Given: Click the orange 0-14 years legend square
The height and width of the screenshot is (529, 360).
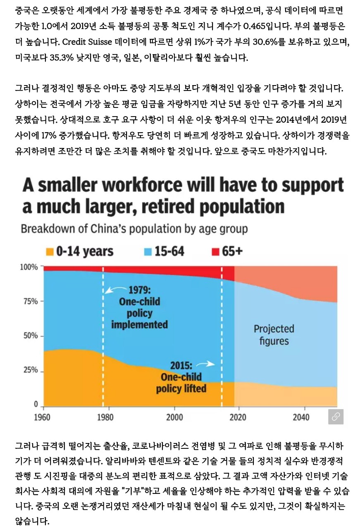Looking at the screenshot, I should tap(50, 251).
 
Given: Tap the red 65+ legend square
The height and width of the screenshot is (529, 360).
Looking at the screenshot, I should tap(215, 251).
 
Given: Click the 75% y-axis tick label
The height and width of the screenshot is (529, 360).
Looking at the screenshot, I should tap(30, 301).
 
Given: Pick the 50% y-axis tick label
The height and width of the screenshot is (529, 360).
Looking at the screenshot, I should tap(30, 336).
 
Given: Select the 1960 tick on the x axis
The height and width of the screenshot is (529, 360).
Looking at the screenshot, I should tap(43, 417).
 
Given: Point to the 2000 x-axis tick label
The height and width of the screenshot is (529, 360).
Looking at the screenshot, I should tap(173, 417).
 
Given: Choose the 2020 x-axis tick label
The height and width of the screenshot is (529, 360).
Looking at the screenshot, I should tap(235, 417).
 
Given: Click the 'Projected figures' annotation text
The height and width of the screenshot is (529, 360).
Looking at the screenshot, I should tap(274, 335).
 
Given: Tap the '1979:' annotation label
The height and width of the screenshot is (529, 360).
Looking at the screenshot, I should tap(140, 289).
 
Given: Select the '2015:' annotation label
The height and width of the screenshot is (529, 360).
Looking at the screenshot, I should tap(181, 365).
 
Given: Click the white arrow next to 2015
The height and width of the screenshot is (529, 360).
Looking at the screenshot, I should tap(205, 364).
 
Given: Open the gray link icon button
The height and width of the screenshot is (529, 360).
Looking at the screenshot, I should tap(336, 417).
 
